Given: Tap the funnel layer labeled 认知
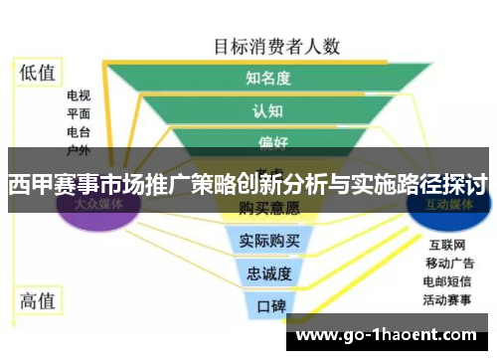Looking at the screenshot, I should (267, 110).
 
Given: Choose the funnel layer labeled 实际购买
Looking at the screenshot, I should (269, 240).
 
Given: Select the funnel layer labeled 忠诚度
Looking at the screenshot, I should (268, 272).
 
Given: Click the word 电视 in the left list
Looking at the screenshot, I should (79, 96).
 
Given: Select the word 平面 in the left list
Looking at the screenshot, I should (79, 113).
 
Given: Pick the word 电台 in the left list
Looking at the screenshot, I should (79, 131).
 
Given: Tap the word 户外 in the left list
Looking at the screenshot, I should (79, 149).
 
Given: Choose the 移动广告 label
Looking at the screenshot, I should (449, 263).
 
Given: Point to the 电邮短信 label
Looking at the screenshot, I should (449, 280).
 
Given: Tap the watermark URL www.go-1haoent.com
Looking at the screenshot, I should (387, 334).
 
